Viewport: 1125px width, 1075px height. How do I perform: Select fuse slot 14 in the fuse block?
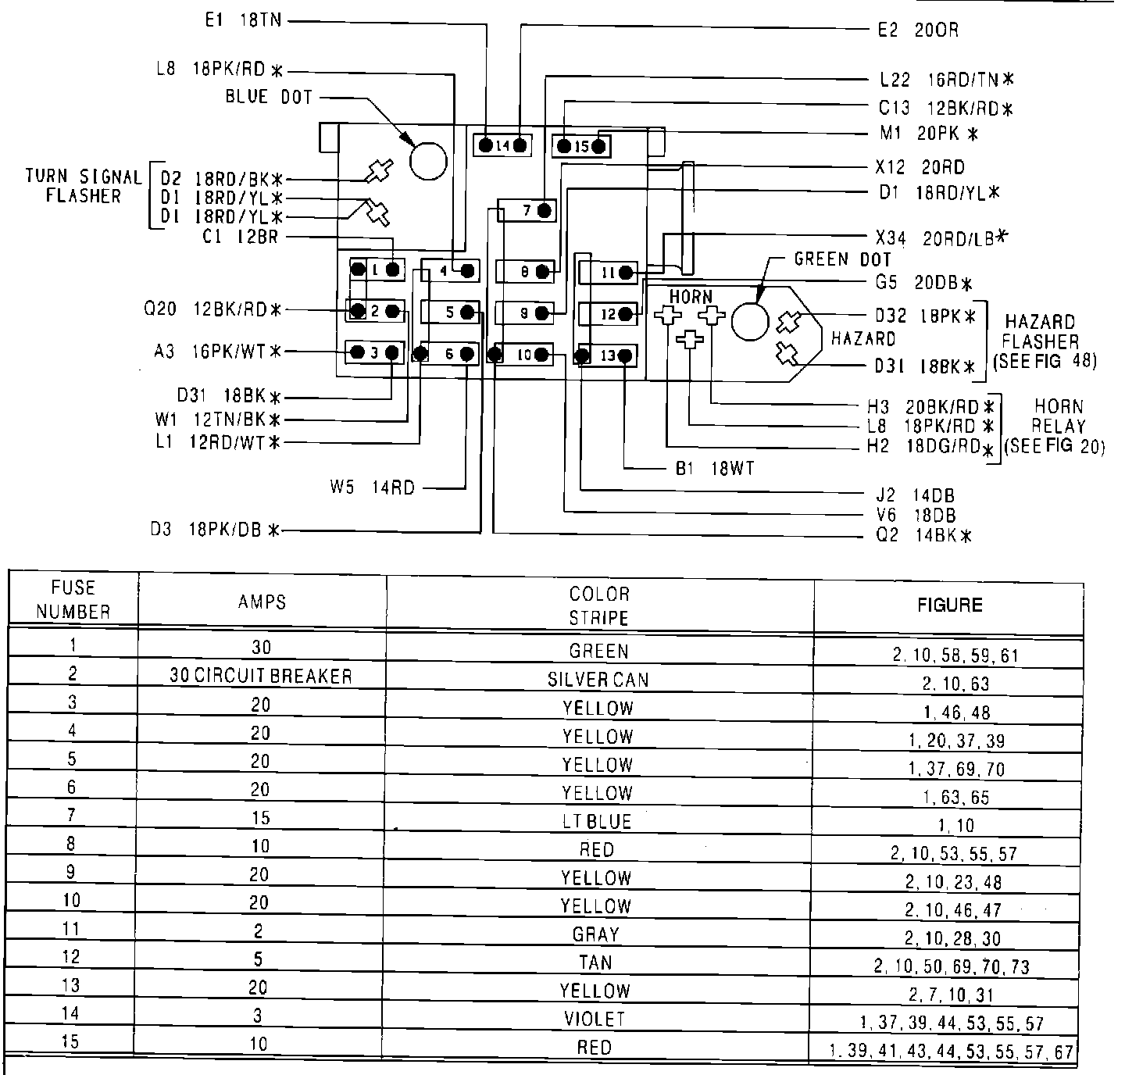click(502, 145)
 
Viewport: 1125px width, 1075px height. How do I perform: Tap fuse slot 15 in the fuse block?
click(581, 146)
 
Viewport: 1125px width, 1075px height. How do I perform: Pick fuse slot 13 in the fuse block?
click(608, 356)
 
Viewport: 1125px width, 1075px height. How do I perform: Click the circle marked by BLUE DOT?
click(428, 162)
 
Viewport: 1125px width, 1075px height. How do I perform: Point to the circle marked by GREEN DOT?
click(750, 321)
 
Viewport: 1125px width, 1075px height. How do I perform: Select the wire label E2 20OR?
click(918, 30)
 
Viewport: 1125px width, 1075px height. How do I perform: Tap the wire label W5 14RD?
click(372, 488)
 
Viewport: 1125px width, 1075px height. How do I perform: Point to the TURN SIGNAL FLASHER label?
click(84, 187)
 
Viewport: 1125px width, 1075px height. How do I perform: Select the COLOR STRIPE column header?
click(599, 605)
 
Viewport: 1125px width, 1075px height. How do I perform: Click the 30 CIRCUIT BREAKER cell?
click(261, 676)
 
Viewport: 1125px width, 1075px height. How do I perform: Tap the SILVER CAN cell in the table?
click(598, 680)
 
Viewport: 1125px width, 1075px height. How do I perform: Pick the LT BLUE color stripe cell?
click(597, 821)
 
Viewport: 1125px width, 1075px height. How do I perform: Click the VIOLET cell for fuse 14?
click(595, 1019)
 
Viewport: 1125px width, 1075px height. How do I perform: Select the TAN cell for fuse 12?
click(596, 962)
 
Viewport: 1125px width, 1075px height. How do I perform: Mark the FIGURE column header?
click(949, 605)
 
